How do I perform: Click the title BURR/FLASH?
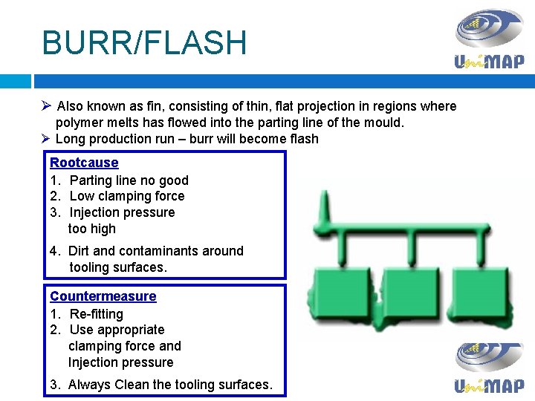144,43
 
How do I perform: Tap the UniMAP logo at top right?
489,39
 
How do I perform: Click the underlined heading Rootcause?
84,163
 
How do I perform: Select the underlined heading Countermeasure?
103,296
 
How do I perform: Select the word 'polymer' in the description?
80,123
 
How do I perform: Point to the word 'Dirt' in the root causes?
80,251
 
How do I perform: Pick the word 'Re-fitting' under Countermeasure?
97,313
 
